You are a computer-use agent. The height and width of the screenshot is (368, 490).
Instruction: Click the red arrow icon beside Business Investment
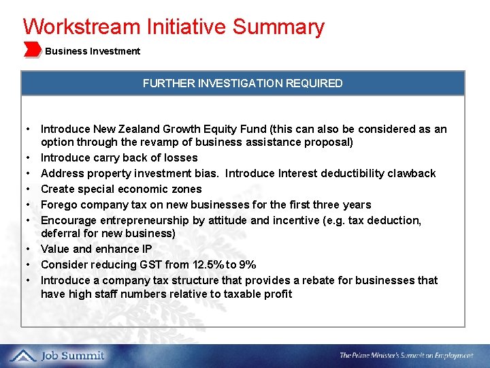pyautogui.click(x=32, y=50)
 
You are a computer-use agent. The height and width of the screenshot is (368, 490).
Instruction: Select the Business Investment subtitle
pyautogui.click(x=93, y=51)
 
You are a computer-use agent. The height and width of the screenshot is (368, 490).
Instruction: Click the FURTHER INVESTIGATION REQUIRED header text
pyautogui.click(x=242, y=83)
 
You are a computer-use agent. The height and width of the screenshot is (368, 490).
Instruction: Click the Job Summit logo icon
pyautogui.click(x=22, y=355)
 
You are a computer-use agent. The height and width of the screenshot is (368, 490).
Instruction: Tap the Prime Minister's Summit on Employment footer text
pyautogui.click(x=406, y=356)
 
